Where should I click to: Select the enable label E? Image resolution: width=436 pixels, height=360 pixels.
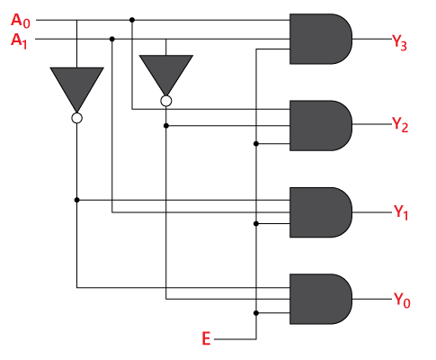pos(207,339)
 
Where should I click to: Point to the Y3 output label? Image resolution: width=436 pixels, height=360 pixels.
pos(400,40)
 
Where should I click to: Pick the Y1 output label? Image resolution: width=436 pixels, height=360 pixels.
pos(400,212)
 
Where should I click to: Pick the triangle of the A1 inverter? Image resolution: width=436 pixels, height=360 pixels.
pos(166,72)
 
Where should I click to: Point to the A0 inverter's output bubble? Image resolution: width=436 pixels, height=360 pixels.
pos(76,118)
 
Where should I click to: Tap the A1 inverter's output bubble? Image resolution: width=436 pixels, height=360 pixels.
pos(166,102)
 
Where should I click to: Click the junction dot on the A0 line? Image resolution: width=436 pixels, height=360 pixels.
pos(132,19)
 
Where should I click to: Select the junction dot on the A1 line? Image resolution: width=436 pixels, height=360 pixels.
pos(111,39)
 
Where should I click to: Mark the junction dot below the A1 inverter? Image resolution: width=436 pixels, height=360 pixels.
pos(166,126)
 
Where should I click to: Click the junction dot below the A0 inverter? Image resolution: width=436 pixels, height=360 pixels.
pos(76,199)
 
